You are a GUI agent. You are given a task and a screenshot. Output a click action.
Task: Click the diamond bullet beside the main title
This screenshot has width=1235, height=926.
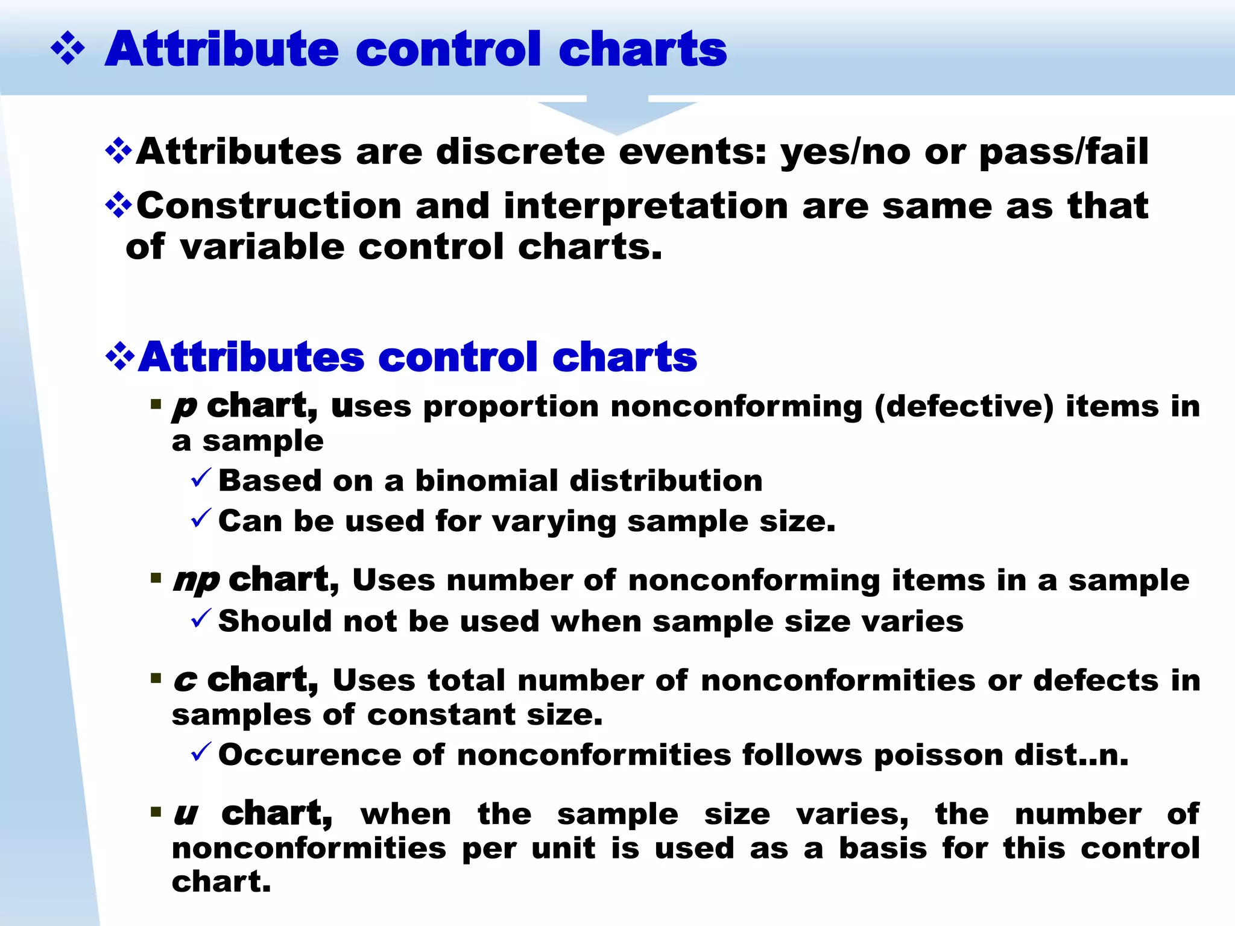click(x=68, y=49)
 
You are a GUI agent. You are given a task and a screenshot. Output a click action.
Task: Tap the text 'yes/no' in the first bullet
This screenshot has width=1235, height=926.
click(x=845, y=152)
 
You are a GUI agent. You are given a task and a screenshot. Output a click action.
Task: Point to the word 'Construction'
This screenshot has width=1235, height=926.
click(x=269, y=206)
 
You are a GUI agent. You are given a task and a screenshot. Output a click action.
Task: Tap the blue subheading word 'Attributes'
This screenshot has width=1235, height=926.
click(x=251, y=357)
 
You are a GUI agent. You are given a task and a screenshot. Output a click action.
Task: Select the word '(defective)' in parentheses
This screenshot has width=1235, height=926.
click(x=964, y=406)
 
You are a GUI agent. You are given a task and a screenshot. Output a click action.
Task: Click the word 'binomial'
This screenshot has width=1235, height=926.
click(x=487, y=481)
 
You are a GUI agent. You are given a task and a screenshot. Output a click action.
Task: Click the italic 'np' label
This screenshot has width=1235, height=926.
click(x=196, y=581)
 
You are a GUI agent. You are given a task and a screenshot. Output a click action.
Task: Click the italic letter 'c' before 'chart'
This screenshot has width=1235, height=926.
click(x=185, y=681)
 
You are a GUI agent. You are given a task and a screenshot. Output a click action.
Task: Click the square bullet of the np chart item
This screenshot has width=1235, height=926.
click(x=156, y=579)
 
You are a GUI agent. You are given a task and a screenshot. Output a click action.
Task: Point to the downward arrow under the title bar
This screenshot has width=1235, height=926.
click(x=617, y=115)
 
